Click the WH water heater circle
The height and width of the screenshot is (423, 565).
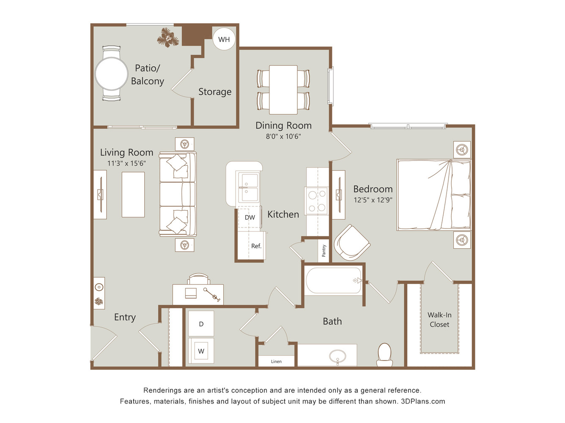click(224, 39)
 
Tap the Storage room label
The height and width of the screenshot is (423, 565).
click(215, 92)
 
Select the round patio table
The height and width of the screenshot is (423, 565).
click(112, 74)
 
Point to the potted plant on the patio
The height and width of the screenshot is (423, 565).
click(168, 38)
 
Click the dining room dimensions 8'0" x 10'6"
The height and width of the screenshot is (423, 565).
click(283, 136)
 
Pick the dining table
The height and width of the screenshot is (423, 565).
click(283, 89)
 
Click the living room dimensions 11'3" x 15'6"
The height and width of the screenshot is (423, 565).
click(126, 163)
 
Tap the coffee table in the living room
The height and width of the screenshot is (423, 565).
click(133, 195)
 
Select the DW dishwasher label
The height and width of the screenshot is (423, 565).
click(250, 217)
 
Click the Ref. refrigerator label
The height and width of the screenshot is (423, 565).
click(256, 246)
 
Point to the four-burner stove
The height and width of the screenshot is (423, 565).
click(317, 201)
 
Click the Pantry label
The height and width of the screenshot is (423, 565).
click(324, 251)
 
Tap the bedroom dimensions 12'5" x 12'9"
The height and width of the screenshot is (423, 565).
click(373, 200)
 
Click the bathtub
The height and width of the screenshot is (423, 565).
click(334, 281)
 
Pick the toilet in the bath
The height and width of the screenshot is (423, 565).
click(384, 355)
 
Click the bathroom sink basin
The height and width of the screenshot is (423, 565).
click(337, 356)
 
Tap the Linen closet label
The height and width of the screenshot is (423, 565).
click(276, 361)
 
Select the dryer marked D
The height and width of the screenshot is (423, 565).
click(201, 324)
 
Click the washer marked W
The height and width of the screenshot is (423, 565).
click(201, 351)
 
